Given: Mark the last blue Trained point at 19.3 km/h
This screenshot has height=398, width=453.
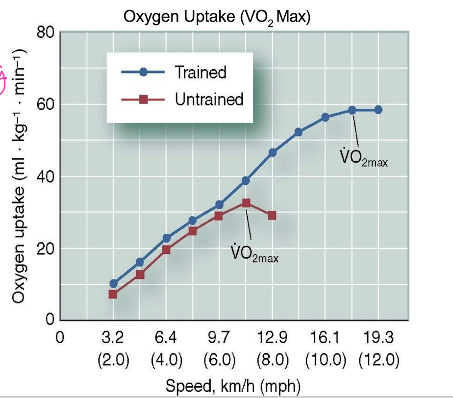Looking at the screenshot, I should [x=378, y=110].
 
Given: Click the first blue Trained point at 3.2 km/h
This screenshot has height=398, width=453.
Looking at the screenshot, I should [x=113, y=283].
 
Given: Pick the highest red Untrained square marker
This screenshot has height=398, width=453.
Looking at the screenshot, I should [x=246, y=203].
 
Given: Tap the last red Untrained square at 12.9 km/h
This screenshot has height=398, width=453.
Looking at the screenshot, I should [x=272, y=215].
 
